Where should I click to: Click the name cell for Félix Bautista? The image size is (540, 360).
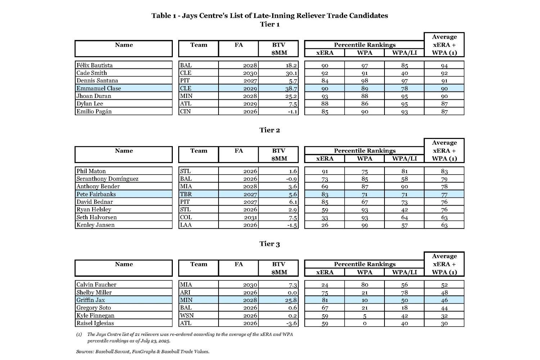(x=95, y=65)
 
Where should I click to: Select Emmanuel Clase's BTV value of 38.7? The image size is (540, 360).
(x=290, y=89)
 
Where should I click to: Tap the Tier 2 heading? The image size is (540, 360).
(x=270, y=130)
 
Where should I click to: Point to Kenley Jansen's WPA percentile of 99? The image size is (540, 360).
(x=365, y=225)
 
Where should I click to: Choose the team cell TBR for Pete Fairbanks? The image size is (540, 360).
(x=186, y=194)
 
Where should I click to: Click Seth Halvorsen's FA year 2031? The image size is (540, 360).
(x=250, y=217)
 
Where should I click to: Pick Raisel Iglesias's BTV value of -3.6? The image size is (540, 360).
(x=291, y=323)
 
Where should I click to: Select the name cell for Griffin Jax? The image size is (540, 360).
(x=91, y=300)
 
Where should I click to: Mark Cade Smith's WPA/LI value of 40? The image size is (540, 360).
(x=404, y=73)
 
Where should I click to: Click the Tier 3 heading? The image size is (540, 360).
(x=270, y=244)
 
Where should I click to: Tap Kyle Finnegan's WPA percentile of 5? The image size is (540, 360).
(x=365, y=316)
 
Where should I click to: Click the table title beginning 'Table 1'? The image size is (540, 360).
(x=270, y=15)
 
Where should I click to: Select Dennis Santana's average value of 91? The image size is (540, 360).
(x=444, y=81)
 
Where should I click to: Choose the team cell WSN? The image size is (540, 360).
(x=187, y=315)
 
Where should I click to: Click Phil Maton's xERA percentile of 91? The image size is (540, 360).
(x=325, y=171)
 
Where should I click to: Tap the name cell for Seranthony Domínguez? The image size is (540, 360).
(x=107, y=179)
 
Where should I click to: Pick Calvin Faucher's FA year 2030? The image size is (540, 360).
(x=250, y=284)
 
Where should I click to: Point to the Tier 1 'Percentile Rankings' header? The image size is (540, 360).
(x=365, y=45)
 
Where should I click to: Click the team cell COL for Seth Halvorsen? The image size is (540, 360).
(x=186, y=217)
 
